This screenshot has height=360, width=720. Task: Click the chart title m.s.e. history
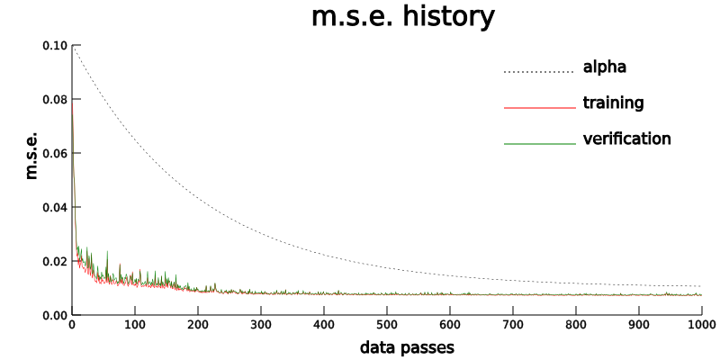point(402,17)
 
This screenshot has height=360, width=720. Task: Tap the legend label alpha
point(604,67)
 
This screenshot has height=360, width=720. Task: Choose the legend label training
point(613,103)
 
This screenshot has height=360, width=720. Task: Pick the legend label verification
point(626,139)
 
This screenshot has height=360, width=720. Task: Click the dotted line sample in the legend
point(538,72)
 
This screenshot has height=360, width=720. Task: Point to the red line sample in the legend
point(538,108)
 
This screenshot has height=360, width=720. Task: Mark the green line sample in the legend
point(538,144)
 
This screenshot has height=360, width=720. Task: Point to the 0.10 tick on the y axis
point(55,45)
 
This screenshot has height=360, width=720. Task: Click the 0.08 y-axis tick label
point(55,99)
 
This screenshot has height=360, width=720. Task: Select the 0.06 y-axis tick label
point(55,153)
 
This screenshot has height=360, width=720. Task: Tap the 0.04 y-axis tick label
point(55,207)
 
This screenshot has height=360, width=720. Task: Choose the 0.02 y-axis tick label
point(55,261)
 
